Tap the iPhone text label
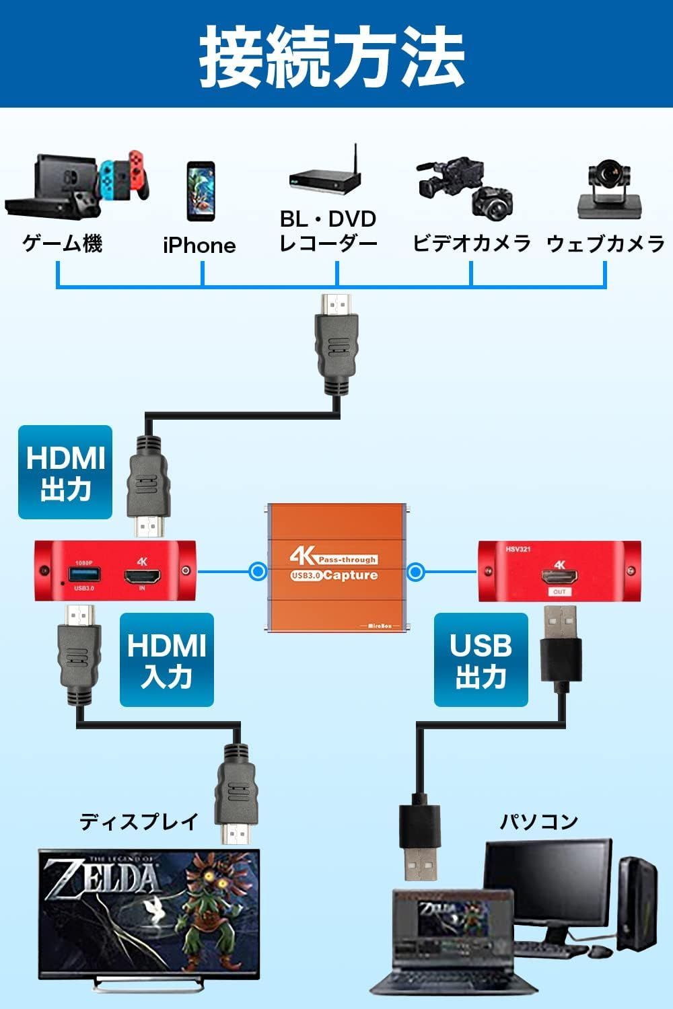(x=199, y=245)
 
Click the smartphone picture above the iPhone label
(x=201, y=191)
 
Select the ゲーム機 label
(x=63, y=242)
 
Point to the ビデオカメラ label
(x=471, y=243)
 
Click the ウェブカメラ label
(x=605, y=243)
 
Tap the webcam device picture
(x=609, y=190)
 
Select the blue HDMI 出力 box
(x=65, y=472)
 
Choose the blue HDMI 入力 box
(x=167, y=659)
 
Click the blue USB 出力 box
(x=481, y=659)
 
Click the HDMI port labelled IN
(x=142, y=576)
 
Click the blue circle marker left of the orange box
(x=258, y=572)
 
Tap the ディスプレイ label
(x=139, y=821)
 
